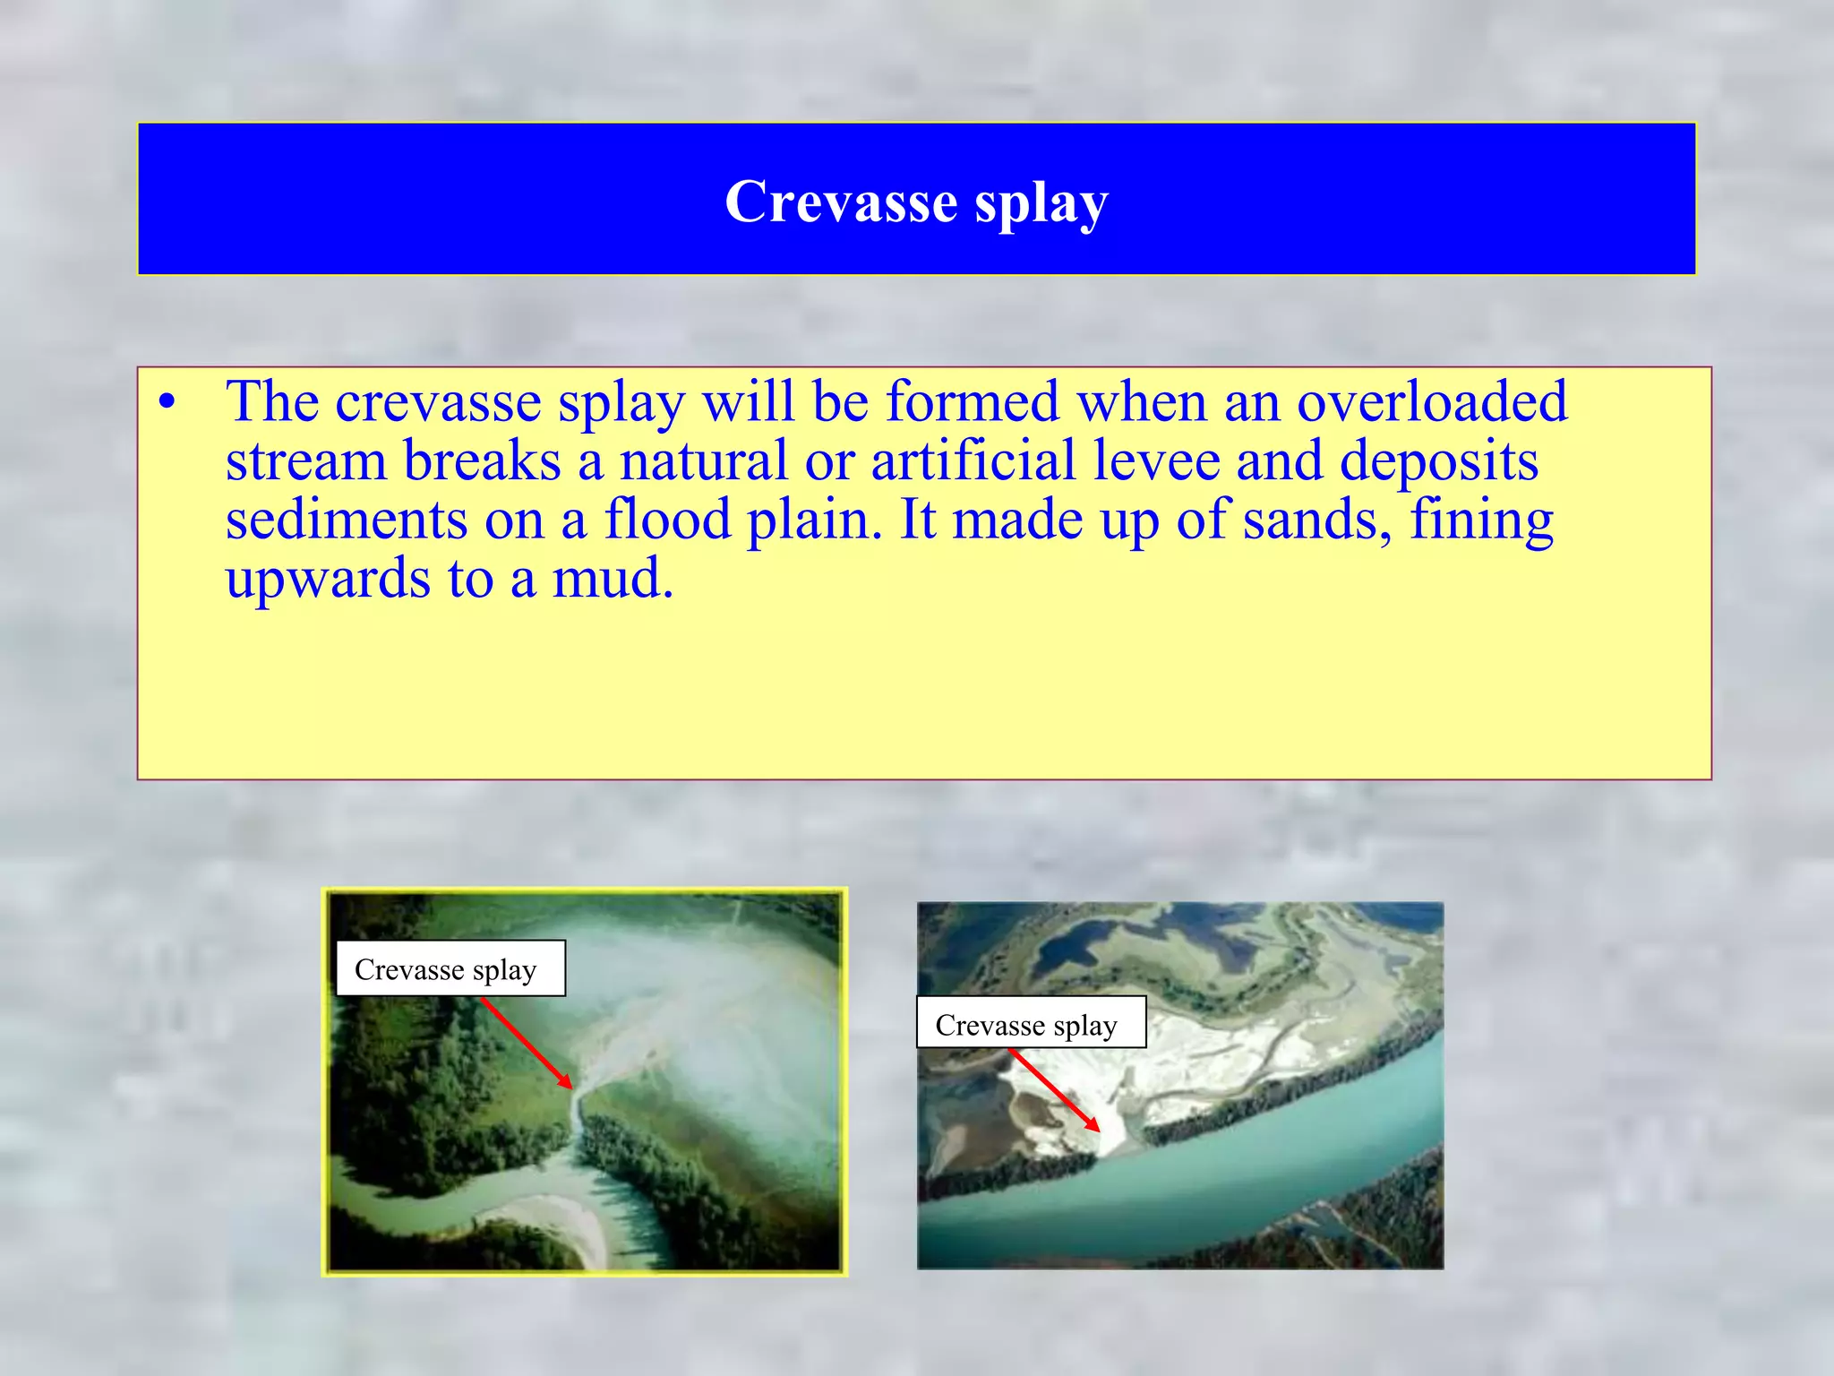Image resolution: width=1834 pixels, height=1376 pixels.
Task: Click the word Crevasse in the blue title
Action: point(841,202)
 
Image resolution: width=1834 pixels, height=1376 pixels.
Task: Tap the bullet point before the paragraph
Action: point(167,402)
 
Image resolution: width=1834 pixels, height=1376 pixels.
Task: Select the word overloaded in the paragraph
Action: point(1432,401)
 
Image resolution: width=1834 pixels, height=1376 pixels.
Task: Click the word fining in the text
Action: point(1481,521)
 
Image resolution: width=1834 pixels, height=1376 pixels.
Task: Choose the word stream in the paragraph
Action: point(304,461)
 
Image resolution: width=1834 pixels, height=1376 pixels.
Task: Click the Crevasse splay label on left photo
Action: point(450,968)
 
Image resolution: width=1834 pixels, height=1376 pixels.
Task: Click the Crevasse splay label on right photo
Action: point(1030,1023)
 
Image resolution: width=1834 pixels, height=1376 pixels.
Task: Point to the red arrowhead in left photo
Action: point(566,1082)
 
